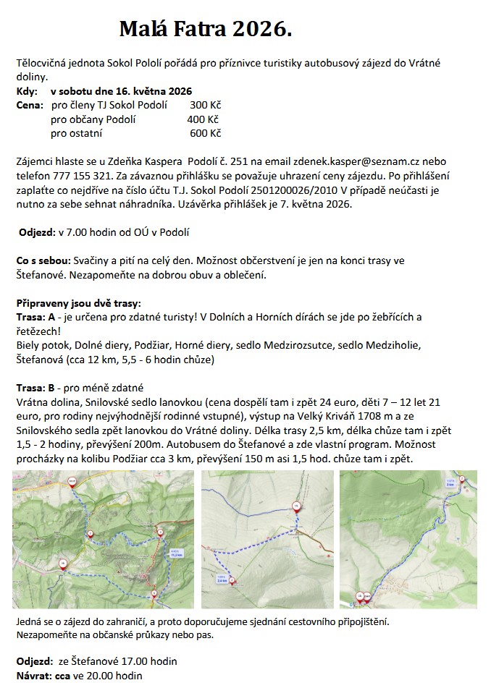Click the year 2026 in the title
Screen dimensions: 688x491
pyautogui.click(x=262, y=30)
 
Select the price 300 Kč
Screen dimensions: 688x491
pyautogui.click(x=204, y=105)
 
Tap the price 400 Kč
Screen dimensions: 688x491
pyautogui.click(x=203, y=119)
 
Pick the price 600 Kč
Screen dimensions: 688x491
pyautogui.click(x=205, y=133)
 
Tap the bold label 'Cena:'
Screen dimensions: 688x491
pyautogui.click(x=30, y=105)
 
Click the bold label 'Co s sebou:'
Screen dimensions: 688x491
pyautogui.click(x=43, y=259)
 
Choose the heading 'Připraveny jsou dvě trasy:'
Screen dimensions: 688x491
pyautogui.click(x=78, y=302)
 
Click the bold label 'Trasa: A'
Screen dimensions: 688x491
pyautogui.click(x=36, y=316)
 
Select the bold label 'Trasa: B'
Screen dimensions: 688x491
pyautogui.click(x=36, y=386)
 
